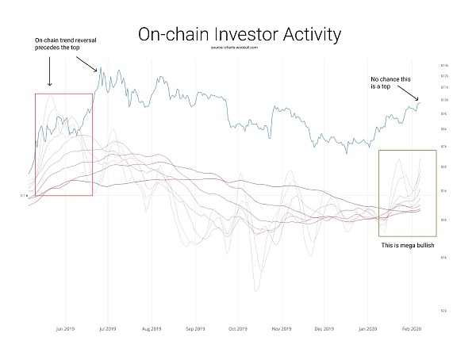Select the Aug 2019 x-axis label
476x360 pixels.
[151, 327]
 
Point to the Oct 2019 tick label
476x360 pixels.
[236, 327]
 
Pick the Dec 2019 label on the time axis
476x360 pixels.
[324, 327]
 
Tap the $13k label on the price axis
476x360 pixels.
[444, 65]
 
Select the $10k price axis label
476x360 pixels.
[444, 99]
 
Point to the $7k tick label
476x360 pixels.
[443, 147]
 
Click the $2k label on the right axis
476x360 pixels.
[443, 311]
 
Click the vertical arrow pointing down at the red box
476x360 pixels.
[50, 74]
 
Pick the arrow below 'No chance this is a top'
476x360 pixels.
[413, 97]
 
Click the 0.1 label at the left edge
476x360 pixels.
[25, 195]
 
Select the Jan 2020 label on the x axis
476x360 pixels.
[367, 327]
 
